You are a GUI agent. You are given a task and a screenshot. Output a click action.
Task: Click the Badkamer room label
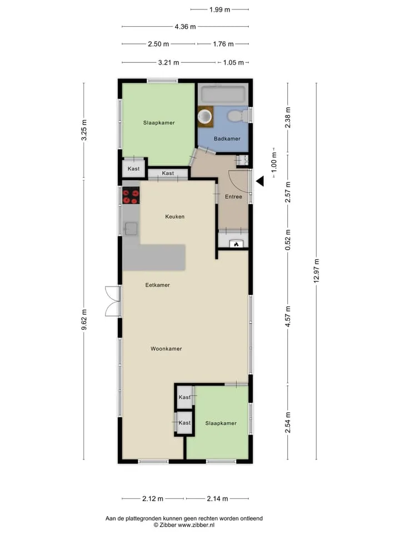click(227, 139)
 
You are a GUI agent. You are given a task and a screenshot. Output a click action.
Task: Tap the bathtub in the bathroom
click(223, 94)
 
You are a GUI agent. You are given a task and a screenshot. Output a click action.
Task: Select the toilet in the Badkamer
click(238, 116)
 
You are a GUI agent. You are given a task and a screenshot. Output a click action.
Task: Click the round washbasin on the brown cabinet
click(205, 116)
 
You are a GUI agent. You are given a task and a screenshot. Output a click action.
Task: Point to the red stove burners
click(131, 195)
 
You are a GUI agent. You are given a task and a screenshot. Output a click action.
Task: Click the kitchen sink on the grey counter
click(131, 229)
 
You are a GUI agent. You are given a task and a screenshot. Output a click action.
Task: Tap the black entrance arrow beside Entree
click(260, 181)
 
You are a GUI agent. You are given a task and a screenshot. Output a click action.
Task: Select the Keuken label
click(175, 216)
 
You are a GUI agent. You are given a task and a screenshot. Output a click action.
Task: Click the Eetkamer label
click(157, 285)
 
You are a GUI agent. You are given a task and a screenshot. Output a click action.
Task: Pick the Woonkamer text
click(166, 349)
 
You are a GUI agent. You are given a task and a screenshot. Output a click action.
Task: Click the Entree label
click(233, 197)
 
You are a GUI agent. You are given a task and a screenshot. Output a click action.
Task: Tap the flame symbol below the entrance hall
click(237, 244)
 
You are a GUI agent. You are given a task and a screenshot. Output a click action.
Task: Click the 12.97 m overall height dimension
click(317, 271)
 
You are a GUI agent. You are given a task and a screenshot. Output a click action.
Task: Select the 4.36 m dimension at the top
click(186, 27)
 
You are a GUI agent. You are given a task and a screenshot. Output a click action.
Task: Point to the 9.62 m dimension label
click(84, 319)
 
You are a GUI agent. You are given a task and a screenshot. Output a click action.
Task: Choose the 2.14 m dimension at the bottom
click(217, 499)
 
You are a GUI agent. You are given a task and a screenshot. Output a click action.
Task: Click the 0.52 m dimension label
click(288, 240)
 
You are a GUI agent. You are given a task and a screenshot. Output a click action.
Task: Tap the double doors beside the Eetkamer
click(113, 301)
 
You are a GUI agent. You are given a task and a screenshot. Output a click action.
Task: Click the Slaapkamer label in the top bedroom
click(159, 122)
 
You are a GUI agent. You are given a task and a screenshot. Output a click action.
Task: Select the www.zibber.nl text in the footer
click(196, 525)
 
